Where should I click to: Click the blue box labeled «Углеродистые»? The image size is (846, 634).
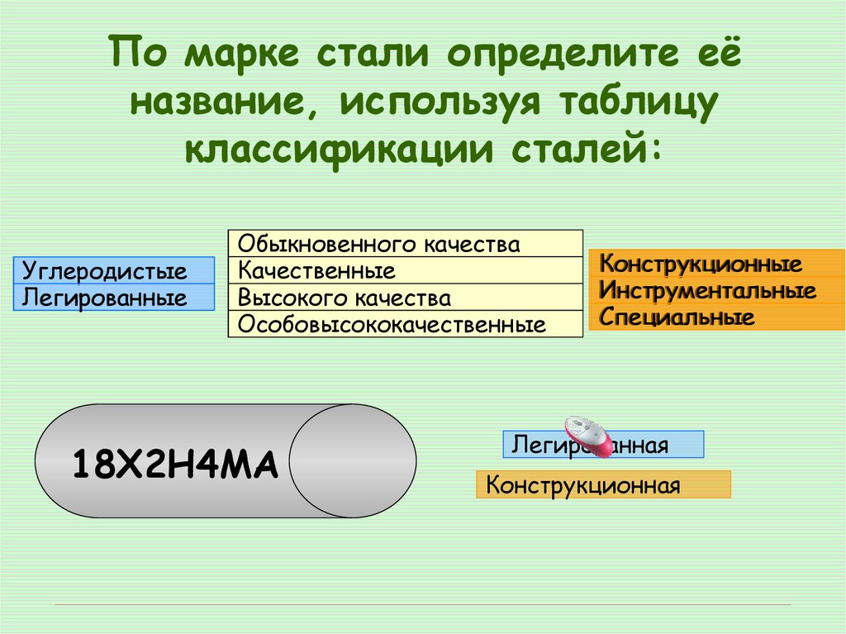[113, 270]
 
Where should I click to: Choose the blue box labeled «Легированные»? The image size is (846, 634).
[113, 297]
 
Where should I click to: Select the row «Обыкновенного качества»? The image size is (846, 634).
[405, 244]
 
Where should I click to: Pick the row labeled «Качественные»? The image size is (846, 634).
[405, 270]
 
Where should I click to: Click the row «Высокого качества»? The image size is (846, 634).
[405, 298]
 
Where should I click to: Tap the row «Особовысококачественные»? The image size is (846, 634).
[405, 324]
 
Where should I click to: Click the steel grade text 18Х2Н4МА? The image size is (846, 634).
[174, 465]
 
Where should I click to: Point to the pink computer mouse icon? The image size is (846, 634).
[588, 436]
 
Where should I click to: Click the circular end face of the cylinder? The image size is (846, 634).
[354, 460]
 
